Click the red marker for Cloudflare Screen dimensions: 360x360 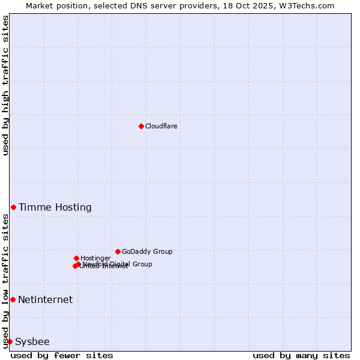pos(141,126)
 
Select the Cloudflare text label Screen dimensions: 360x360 pos(161,126)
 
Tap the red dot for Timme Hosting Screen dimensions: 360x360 pos(13,207)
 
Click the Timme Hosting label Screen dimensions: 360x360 pos(55,208)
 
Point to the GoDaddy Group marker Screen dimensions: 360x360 pos(118,251)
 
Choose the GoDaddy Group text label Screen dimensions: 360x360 pos(147,251)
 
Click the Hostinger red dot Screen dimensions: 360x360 pos(76,258)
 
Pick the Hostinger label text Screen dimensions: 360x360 pos(95,258)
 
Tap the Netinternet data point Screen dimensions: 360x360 pos(13,299)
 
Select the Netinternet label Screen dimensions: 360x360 pos(46,300)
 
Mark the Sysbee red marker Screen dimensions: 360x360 pos(10,341)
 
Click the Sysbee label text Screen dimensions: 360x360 pos(32,342)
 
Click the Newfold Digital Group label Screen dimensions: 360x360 pos(118,264)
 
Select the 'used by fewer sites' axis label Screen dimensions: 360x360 pos(62,355)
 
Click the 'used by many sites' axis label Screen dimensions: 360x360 pos(301,355)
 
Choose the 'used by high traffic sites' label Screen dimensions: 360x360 pos(5,85)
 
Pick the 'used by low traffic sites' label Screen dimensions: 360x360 pos(5,281)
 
